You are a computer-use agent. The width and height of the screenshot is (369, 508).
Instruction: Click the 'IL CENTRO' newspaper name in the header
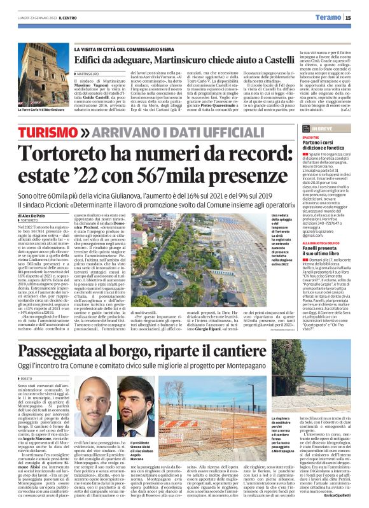click(x=68, y=18)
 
